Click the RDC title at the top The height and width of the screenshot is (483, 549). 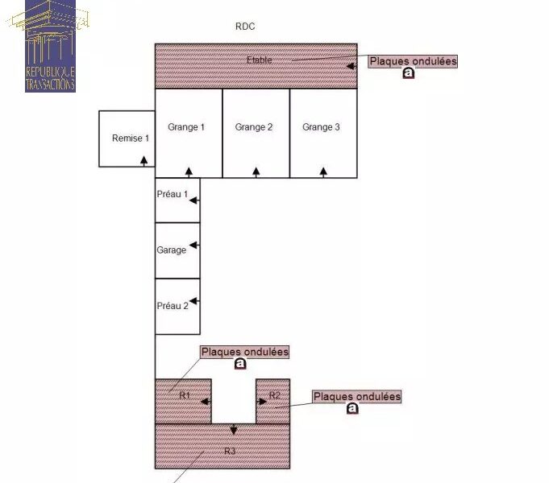(245, 27)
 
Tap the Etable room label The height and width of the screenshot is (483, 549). (259, 60)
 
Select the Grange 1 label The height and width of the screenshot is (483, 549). (186, 127)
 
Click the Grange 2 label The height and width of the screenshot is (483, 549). (253, 127)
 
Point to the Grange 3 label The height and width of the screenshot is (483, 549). (321, 127)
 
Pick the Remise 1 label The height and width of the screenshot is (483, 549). (131, 138)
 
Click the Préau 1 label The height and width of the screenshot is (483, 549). (173, 194)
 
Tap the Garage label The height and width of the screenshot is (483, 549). (171, 250)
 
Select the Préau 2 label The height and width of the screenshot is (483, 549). (173, 306)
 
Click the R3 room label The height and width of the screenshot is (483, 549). (230, 451)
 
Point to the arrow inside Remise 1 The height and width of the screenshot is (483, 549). (144, 161)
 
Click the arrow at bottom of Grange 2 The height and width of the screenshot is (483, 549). (256, 172)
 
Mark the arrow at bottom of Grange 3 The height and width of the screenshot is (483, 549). (323, 172)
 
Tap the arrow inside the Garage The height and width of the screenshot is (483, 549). (194, 245)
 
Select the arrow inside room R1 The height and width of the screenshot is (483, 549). (206, 402)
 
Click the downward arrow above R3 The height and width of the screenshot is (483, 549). (234, 430)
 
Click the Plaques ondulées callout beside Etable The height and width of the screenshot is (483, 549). (413, 61)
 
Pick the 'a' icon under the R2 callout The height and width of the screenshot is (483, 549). (352, 408)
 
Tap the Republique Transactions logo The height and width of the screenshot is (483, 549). (50, 46)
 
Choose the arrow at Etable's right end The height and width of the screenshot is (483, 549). (351, 66)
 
